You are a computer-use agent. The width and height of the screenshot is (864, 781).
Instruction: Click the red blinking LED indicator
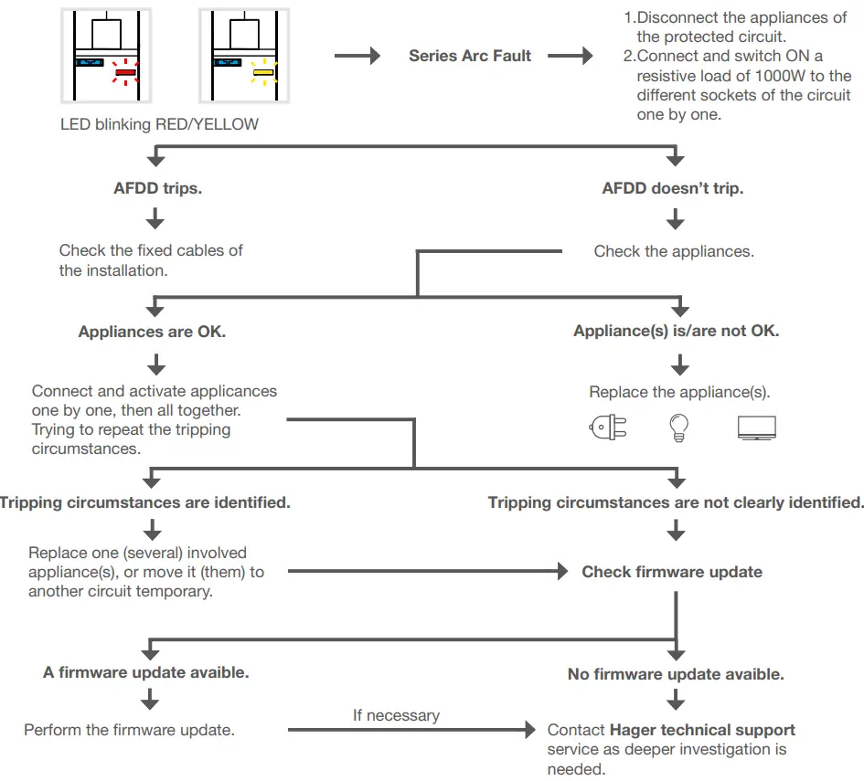(x=125, y=72)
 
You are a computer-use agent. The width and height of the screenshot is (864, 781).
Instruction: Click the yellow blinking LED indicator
(x=263, y=72)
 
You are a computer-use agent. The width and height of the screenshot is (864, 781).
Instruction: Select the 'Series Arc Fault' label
(x=469, y=56)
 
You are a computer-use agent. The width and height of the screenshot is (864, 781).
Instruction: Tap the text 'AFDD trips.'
(x=157, y=188)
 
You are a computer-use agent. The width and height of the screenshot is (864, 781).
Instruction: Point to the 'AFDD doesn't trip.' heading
(x=673, y=188)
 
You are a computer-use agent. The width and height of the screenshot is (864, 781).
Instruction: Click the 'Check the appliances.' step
(x=674, y=251)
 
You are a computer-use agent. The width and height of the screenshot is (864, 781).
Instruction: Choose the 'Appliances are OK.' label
(x=152, y=332)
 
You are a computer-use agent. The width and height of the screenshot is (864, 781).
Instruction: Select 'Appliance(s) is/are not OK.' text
(x=676, y=331)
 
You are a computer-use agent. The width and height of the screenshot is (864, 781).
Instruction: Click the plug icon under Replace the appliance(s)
(x=608, y=427)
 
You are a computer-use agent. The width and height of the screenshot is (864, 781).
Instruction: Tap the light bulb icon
(x=678, y=427)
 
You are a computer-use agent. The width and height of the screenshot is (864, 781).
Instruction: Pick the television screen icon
(x=756, y=427)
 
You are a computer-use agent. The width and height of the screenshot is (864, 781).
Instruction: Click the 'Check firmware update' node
(x=672, y=572)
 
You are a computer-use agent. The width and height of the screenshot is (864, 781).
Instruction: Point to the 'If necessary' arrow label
(x=396, y=715)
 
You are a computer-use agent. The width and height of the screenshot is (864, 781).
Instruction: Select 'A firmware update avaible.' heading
(x=146, y=672)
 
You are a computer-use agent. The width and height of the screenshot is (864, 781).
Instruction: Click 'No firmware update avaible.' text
(x=676, y=674)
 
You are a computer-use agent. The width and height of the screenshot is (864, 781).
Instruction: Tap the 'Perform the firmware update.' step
(x=130, y=730)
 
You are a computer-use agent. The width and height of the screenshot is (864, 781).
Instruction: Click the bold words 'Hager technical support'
(x=702, y=730)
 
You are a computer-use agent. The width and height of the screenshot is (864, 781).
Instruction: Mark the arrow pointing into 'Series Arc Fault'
(x=357, y=56)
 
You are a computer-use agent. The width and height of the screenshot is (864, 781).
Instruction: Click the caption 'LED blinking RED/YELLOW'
(x=159, y=124)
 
